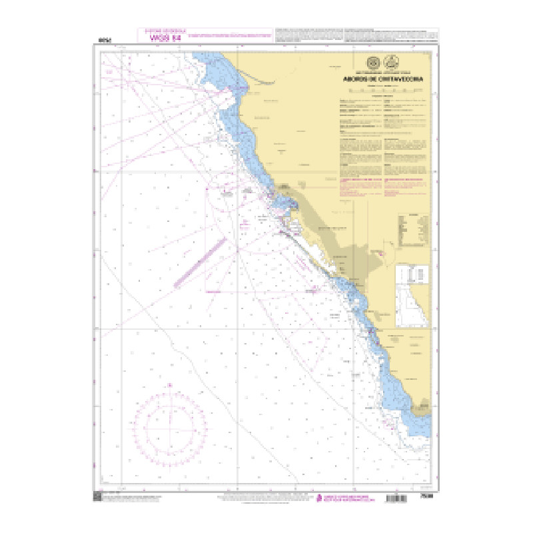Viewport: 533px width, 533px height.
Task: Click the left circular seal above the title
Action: pyautogui.click(x=373, y=63)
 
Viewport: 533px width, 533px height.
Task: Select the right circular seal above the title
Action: pyautogui.click(x=391, y=63)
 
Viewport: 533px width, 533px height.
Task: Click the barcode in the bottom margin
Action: pyautogui.click(x=406, y=498)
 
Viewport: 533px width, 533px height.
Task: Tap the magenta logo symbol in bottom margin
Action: pyautogui.click(x=318, y=496)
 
